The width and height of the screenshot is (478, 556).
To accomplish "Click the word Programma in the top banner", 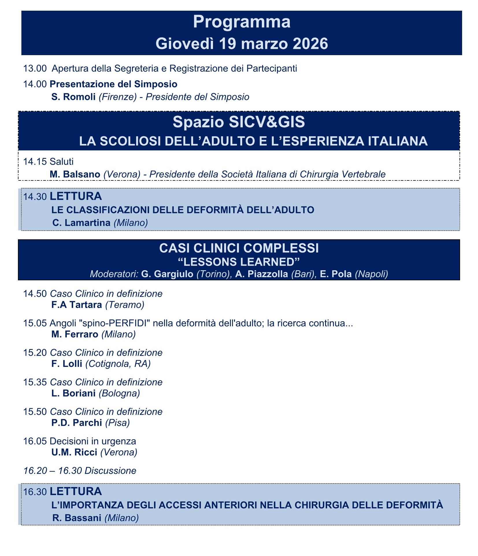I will tap(241, 22).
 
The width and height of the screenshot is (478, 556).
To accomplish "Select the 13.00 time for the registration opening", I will tap(35, 68).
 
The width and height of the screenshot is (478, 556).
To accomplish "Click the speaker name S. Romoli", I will tap(73, 97).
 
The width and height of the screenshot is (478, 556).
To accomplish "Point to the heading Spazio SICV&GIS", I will tap(239, 122).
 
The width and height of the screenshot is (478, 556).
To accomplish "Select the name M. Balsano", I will tap(75, 174).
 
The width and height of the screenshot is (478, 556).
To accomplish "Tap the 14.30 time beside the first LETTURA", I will tap(35, 197).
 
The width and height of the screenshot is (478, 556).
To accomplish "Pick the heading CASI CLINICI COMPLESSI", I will tap(239, 248).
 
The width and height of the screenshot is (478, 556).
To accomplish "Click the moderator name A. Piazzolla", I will tap(261, 274).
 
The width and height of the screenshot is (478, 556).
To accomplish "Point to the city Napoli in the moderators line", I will tap(371, 274).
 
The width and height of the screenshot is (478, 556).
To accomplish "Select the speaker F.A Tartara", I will tap(77, 305).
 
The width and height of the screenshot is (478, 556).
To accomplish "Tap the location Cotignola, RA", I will tap(118, 364).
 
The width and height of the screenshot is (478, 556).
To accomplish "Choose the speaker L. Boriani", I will tap(73, 393).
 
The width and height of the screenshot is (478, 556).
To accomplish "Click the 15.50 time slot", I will tap(35, 411).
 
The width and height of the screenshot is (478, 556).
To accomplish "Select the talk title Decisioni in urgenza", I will tap(93, 441).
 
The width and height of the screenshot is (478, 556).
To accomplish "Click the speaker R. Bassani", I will tap(77, 518).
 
